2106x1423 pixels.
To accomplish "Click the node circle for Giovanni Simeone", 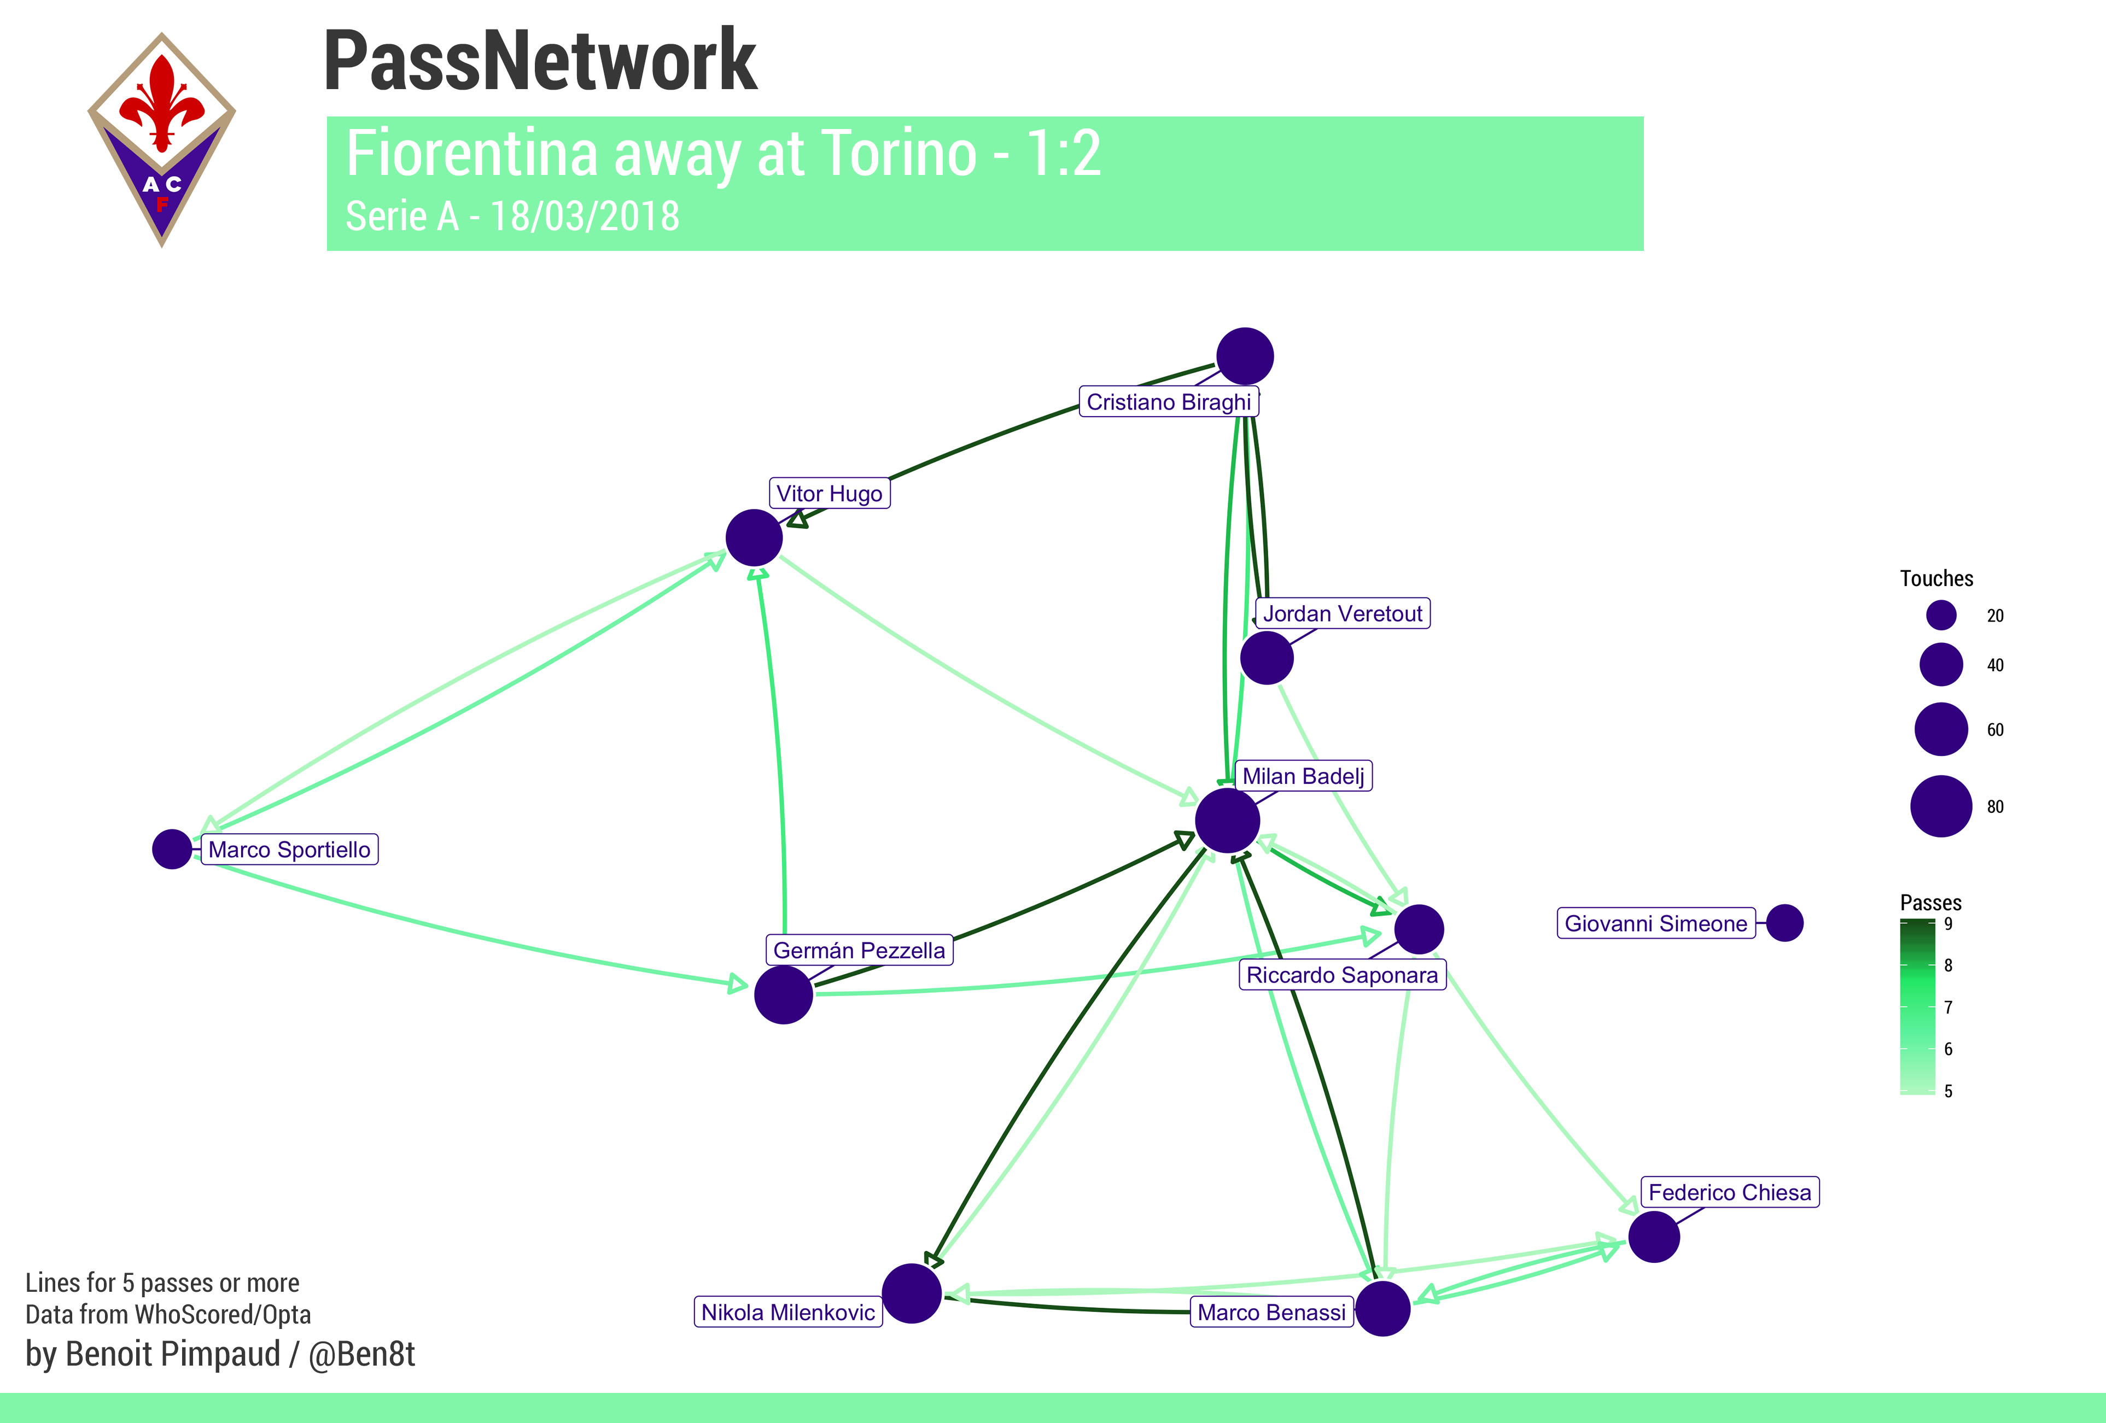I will (x=1784, y=923).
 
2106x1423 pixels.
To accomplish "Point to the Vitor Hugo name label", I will (x=829, y=494).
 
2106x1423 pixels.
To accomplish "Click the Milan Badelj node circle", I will (x=1227, y=820).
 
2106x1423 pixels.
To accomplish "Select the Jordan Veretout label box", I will (x=1342, y=613).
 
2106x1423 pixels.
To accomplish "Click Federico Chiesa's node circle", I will (x=1654, y=1237).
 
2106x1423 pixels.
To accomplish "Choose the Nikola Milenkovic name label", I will (x=787, y=1311).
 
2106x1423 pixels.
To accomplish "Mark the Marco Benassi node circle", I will (x=1382, y=1308).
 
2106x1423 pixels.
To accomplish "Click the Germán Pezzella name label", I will (x=859, y=950).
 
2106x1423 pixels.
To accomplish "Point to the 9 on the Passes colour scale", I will (x=1949, y=924).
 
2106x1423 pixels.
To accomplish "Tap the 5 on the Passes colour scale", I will (x=1949, y=1091).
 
